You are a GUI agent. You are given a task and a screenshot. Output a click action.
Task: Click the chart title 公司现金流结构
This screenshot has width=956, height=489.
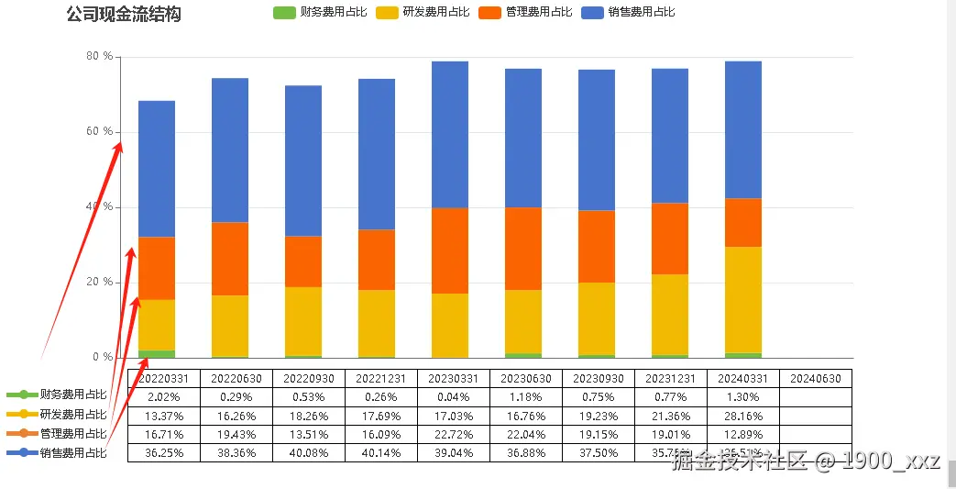tap(124, 15)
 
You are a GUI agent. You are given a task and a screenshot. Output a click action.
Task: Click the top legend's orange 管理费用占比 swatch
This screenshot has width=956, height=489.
tap(489, 12)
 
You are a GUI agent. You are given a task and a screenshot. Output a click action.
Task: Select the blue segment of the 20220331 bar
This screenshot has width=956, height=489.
tap(157, 169)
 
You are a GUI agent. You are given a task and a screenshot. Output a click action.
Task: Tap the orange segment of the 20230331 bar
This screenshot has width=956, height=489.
tap(450, 250)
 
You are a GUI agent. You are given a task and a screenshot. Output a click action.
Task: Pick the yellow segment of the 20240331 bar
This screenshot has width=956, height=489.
tap(743, 300)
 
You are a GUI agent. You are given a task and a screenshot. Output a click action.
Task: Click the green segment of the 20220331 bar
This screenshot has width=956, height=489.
tap(157, 354)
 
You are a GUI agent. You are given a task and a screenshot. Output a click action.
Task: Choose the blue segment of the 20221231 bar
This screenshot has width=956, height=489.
tap(377, 154)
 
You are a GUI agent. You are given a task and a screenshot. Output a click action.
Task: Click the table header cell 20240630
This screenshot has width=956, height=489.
tap(815, 379)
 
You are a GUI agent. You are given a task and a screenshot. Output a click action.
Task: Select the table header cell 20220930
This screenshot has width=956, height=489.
tap(308, 379)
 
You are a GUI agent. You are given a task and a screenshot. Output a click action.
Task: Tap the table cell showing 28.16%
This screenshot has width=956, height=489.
tap(742, 416)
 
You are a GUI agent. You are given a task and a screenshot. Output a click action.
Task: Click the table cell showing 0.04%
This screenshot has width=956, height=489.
tap(453, 397)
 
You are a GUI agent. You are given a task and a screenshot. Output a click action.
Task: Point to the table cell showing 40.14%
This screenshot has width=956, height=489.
tap(380, 452)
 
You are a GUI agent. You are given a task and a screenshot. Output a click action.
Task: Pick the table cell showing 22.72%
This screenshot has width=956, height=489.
tap(453, 434)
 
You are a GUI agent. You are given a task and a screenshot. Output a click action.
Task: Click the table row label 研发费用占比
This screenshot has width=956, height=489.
tap(73, 415)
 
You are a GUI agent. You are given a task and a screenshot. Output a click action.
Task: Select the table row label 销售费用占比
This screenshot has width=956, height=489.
tap(73, 452)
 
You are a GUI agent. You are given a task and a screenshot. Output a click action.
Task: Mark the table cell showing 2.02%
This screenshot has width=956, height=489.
tap(163, 397)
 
